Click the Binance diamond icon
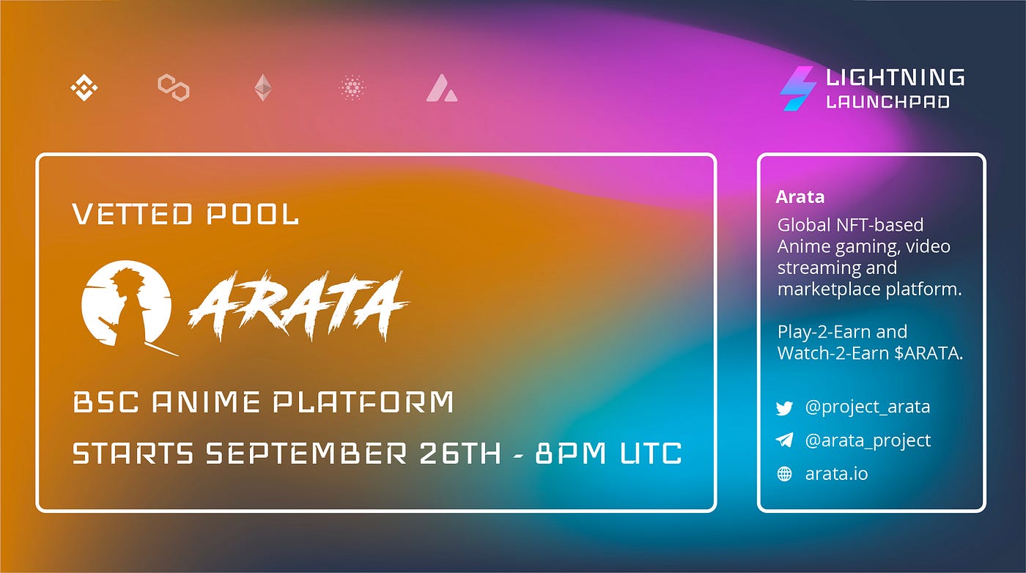pos(84,87)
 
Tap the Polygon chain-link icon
pos(174,87)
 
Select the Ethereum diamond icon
pos(263,87)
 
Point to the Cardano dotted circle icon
pos(353,87)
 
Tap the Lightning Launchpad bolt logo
pos(797,88)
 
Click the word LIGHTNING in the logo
pos(895,77)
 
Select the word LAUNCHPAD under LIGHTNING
pos(887,102)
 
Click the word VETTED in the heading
pos(133,214)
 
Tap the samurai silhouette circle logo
pos(127,306)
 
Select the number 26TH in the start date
pos(461,453)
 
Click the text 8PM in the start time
pos(571,453)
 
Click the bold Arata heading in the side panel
pos(800,196)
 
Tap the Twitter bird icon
pos(785,407)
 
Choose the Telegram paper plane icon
pos(785,440)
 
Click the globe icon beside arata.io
pos(785,473)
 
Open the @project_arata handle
pos(868,407)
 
